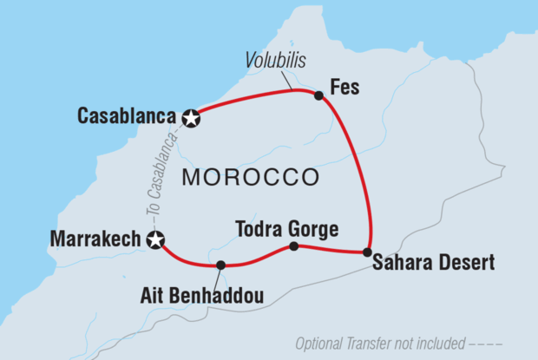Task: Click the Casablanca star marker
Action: tap(191, 118)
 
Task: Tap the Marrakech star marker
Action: tap(156, 241)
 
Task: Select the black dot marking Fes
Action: tap(318, 95)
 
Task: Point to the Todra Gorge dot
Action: tap(293, 246)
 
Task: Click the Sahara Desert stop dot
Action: tap(369, 252)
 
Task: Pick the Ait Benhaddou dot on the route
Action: tap(220, 265)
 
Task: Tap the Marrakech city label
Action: tap(98, 239)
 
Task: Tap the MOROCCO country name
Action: tap(250, 177)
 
